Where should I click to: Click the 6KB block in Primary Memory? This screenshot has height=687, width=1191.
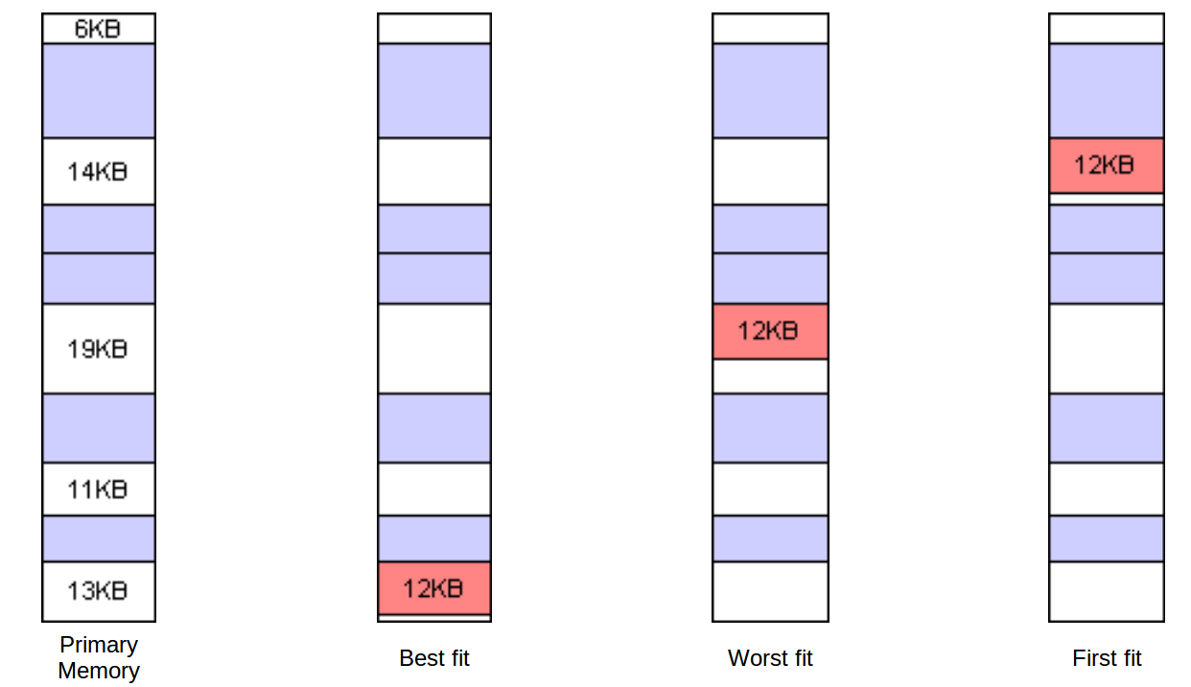[x=98, y=29]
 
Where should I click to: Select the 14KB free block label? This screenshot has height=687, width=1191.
[x=98, y=172]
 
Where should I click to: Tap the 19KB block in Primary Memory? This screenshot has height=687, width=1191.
[x=98, y=348]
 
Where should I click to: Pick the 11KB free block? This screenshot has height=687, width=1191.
[x=98, y=489]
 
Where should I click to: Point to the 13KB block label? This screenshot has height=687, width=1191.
[x=98, y=590]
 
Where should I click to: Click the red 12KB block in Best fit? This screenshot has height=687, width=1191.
[x=433, y=587]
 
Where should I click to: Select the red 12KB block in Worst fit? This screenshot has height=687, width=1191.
[x=769, y=331]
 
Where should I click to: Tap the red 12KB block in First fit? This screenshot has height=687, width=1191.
[x=1106, y=165]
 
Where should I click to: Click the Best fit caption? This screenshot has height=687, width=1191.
[x=434, y=658]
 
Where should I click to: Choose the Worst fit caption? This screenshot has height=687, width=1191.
[x=770, y=658]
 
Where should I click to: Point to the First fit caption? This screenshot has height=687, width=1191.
[x=1107, y=658]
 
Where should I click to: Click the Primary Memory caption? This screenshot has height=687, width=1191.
[x=99, y=657]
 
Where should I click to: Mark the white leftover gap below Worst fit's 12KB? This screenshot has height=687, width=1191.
[x=769, y=376]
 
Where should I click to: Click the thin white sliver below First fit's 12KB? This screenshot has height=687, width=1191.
[x=1106, y=199]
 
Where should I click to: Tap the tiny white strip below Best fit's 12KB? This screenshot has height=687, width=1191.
[x=433, y=618]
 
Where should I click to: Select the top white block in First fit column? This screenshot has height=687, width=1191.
[x=1106, y=29]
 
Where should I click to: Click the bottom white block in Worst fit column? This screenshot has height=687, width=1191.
[x=769, y=591]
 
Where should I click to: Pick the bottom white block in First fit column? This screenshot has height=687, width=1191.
[x=1106, y=591]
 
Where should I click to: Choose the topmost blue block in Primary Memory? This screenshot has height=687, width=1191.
[x=98, y=90]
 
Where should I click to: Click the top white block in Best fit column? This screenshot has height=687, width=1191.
[x=433, y=29]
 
